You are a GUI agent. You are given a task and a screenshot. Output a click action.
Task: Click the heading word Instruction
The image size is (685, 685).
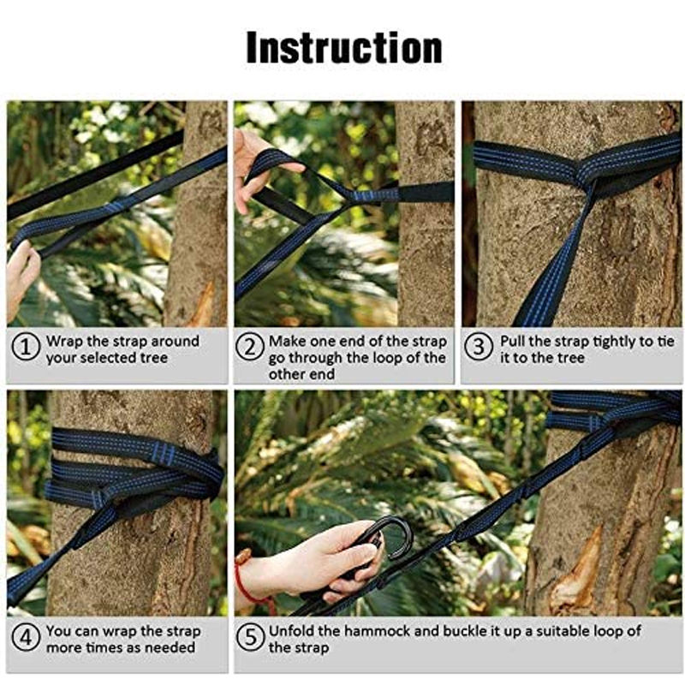[x=344, y=48]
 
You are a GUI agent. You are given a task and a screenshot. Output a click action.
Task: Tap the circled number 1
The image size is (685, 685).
[x=26, y=348]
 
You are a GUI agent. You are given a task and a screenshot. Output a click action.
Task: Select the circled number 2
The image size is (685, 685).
[x=250, y=348]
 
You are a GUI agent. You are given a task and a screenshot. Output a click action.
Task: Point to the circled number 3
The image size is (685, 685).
[x=479, y=348]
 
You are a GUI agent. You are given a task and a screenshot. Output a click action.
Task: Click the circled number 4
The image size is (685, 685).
[x=26, y=637]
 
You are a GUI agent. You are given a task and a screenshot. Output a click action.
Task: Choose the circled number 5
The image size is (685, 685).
[x=250, y=637]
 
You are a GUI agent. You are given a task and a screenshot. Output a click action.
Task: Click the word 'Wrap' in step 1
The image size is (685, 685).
[x=65, y=341]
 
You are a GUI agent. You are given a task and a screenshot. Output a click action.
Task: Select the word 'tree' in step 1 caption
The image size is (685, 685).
[x=154, y=358]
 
